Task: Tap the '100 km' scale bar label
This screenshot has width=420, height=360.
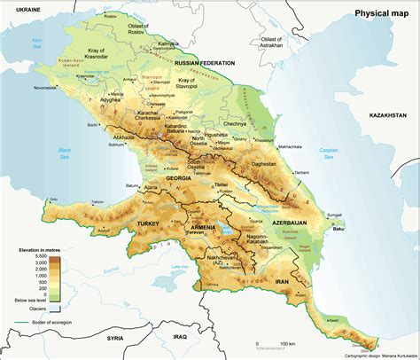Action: coord(285,343)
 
